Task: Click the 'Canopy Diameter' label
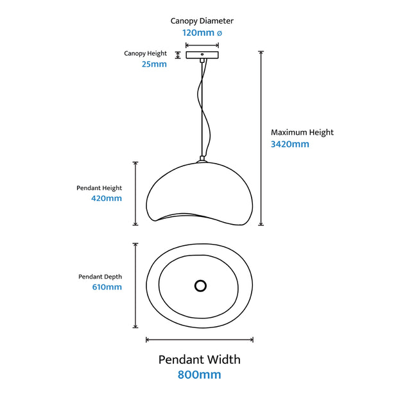(202, 21)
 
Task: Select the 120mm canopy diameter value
(202, 32)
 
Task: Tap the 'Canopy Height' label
(145, 53)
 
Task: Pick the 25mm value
(154, 64)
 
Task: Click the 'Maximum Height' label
(302, 132)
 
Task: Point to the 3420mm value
(290, 144)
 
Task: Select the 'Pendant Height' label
(99, 188)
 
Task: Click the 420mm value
(107, 199)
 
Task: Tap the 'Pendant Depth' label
(100, 277)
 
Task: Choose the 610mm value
(107, 288)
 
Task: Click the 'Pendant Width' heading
(200, 359)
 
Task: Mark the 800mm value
(200, 374)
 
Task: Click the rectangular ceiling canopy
(202, 55)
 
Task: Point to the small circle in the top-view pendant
(200, 285)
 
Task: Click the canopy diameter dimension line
(202, 46)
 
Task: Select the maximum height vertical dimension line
(261, 138)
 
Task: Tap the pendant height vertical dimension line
(135, 193)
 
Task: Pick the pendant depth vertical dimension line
(135, 285)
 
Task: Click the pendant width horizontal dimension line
(200, 340)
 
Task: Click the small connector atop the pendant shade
(202, 159)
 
